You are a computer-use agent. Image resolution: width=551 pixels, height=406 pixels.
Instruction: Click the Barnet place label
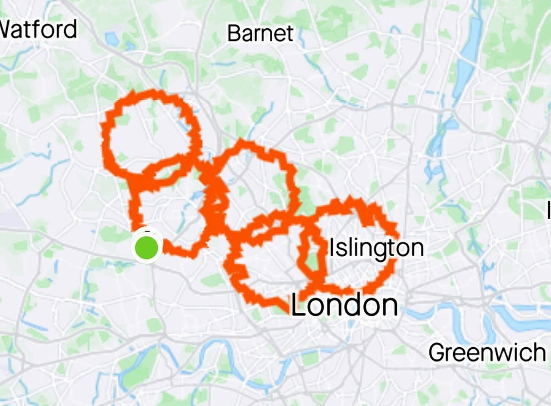tap(260, 34)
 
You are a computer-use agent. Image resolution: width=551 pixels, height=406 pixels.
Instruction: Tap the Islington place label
tap(377, 248)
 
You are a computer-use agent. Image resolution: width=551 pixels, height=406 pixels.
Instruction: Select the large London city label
tap(344, 306)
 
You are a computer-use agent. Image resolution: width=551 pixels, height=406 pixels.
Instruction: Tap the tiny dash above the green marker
tap(147, 230)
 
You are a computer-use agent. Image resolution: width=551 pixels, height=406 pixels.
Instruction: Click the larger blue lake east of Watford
tap(112, 39)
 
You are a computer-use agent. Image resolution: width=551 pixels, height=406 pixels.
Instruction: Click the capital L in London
tap(298, 306)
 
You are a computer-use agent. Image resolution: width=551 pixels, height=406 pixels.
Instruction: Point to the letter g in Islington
tap(371, 250)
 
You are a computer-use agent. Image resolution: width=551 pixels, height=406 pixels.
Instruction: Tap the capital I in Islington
tap(332, 248)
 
